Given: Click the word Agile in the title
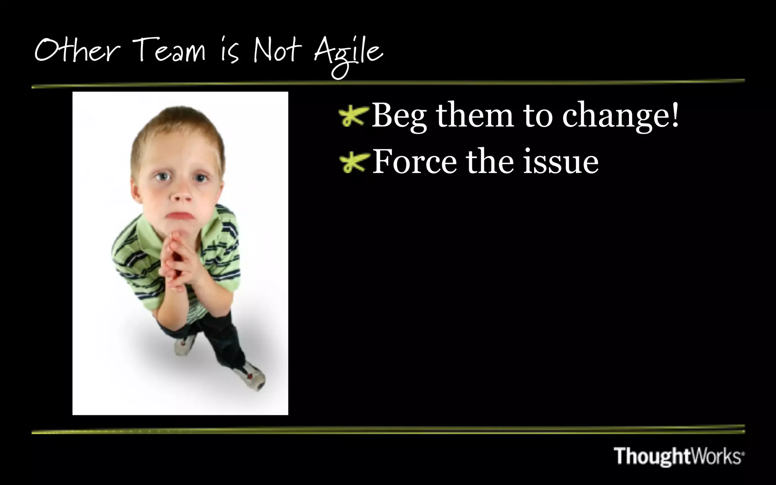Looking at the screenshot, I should [348, 53].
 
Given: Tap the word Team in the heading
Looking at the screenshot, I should [168, 51].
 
